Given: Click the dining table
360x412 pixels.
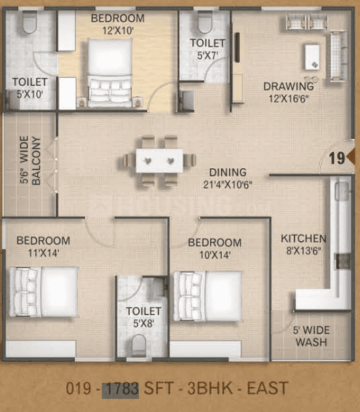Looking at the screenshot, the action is pos(159,161).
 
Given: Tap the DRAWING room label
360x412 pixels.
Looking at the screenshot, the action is pos(288,87).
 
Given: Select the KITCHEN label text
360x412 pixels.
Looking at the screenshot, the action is pos(303,239).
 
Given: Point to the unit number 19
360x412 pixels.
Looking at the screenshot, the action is pos(337,158).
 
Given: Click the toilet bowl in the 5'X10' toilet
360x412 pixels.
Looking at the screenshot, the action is pos(30,22).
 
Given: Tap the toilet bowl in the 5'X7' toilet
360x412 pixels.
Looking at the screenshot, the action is pos(205,22).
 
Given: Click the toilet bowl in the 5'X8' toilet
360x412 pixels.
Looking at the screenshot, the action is pos(139,346).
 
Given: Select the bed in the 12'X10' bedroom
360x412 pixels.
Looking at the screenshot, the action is pos(110,73).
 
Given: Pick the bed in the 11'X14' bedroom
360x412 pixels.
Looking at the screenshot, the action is pos(44,292).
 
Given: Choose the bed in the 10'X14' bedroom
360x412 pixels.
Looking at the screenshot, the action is pos(208,296).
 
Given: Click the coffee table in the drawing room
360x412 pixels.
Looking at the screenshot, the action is pos(313,57).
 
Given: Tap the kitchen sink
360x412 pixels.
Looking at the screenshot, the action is pos(342,191).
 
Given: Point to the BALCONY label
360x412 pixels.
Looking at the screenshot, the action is pos(36,161).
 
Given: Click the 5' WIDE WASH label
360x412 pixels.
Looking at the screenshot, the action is pos(311,336).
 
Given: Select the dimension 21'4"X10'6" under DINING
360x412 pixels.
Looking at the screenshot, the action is pos(228,185).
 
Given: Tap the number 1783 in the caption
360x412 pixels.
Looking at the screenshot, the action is pos(120,389).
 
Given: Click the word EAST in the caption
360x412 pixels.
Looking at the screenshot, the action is pos(268,388).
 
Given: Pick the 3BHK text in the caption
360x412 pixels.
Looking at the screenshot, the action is pos(209,388).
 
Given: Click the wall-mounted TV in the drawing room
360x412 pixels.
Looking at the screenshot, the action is pos(237,47).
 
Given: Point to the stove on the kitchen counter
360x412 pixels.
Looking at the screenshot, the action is pos(343,261).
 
